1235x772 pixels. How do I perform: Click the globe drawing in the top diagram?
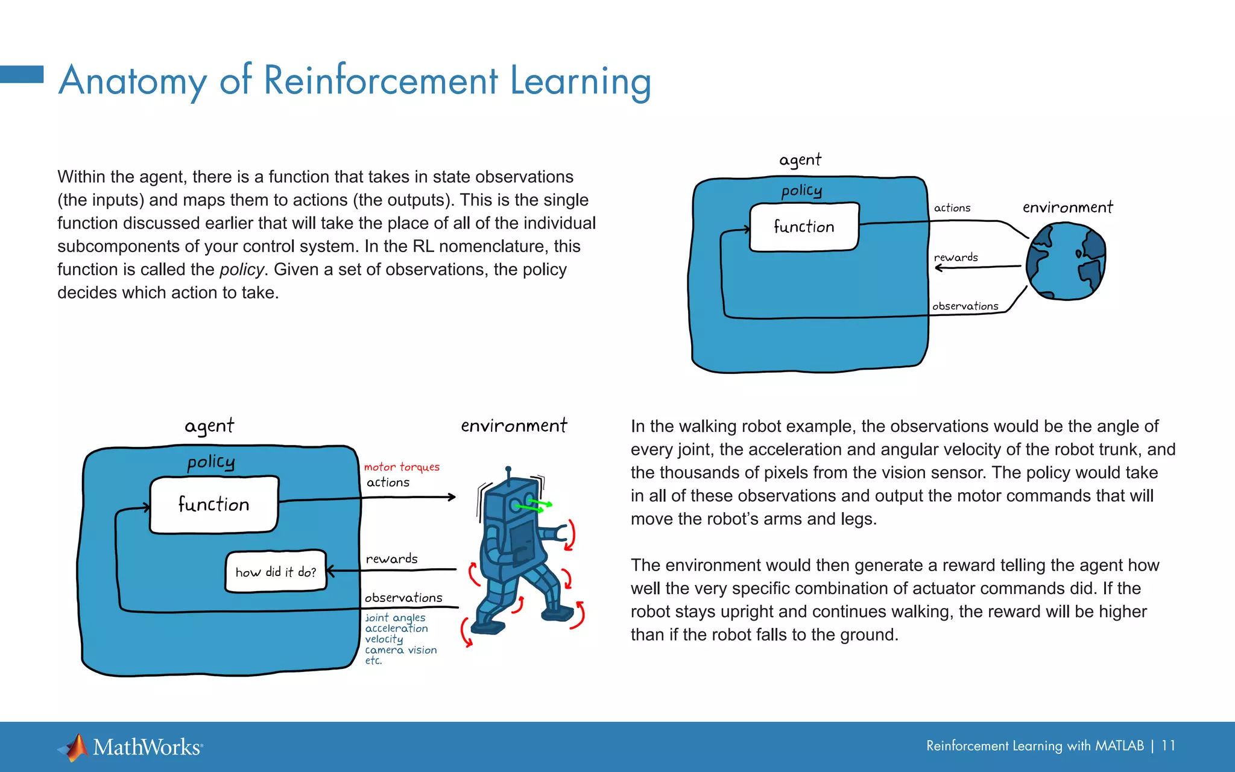[1066, 261]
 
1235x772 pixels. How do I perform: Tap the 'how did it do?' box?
[276, 572]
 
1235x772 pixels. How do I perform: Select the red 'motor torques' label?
[402, 467]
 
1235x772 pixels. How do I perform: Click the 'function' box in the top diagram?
[804, 227]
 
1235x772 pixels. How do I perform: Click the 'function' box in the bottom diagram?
[214, 504]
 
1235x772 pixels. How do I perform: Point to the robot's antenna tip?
[508, 469]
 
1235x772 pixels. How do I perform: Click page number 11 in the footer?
[1168, 745]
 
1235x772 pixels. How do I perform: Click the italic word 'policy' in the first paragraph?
[241, 270]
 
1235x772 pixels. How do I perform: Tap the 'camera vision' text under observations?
[400, 650]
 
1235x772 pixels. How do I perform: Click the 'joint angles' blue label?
[395, 618]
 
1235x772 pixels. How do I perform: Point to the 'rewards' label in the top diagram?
[956, 258]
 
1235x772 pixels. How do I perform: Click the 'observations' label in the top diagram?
[965, 306]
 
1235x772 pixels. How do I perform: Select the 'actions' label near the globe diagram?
[952, 208]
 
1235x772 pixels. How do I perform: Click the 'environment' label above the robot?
[514, 426]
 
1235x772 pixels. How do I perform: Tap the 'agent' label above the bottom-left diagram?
[209, 426]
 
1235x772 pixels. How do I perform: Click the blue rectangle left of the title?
[22, 74]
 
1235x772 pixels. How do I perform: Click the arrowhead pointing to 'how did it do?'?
[330, 571]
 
